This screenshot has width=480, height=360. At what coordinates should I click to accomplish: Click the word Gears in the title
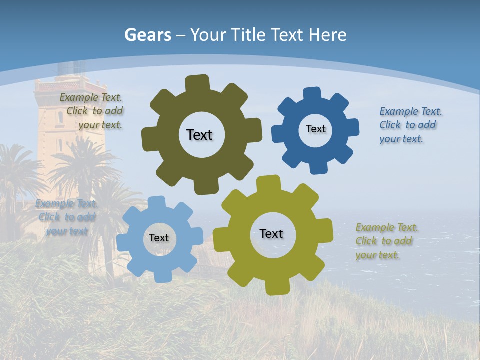pos(147,35)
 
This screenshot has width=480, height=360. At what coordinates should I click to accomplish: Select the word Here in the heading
pos(327,35)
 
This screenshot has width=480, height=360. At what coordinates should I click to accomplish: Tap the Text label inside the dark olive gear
pos(199,135)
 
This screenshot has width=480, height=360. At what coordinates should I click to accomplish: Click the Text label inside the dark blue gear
pos(315,129)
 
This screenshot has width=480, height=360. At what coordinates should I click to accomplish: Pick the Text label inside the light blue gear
pos(159,238)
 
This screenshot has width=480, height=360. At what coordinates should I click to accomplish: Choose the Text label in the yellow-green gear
pos(271,233)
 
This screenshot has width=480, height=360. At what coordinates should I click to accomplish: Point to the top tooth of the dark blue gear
pos(312,94)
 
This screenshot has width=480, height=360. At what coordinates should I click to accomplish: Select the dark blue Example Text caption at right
pos(410,125)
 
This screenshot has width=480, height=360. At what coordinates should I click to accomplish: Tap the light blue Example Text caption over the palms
pos(66,217)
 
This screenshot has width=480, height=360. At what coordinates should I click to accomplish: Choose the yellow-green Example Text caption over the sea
pos(386,241)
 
